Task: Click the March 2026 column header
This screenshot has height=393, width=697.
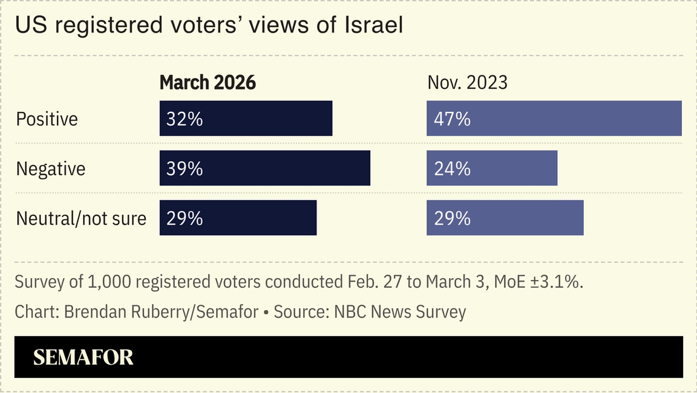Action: [x=208, y=83]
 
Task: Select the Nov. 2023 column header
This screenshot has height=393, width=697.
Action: [x=467, y=83]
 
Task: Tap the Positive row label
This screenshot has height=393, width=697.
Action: [x=47, y=119]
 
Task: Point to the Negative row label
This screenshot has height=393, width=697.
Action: [x=51, y=169]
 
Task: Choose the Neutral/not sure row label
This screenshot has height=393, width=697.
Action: [x=81, y=218]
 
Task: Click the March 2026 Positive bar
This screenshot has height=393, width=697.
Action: [x=246, y=119]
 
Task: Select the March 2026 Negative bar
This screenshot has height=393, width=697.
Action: [x=264, y=168]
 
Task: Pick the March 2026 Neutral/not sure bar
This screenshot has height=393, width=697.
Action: [x=238, y=218]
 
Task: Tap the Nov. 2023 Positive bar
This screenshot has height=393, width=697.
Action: [x=554, y=119]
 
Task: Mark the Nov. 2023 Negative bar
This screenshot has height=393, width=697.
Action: [x=492, y=168]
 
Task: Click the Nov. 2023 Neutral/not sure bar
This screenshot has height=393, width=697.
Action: [x=505, y=218]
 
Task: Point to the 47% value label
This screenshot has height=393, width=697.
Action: [x=452, y=119]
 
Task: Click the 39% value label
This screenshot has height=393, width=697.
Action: [x=185, y=169]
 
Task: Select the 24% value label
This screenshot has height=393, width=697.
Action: [x=452, y=169]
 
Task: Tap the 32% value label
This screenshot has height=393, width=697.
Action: [x=185, y=119]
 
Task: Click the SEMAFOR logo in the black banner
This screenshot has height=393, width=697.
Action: [x=83, y=357]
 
